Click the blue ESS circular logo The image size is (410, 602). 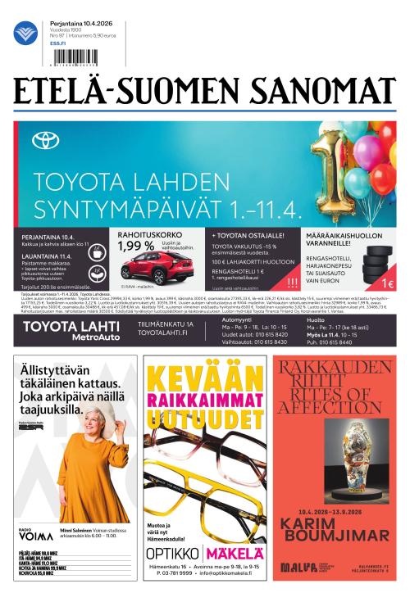click(25, 34)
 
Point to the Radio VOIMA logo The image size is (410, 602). click(30, 537)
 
